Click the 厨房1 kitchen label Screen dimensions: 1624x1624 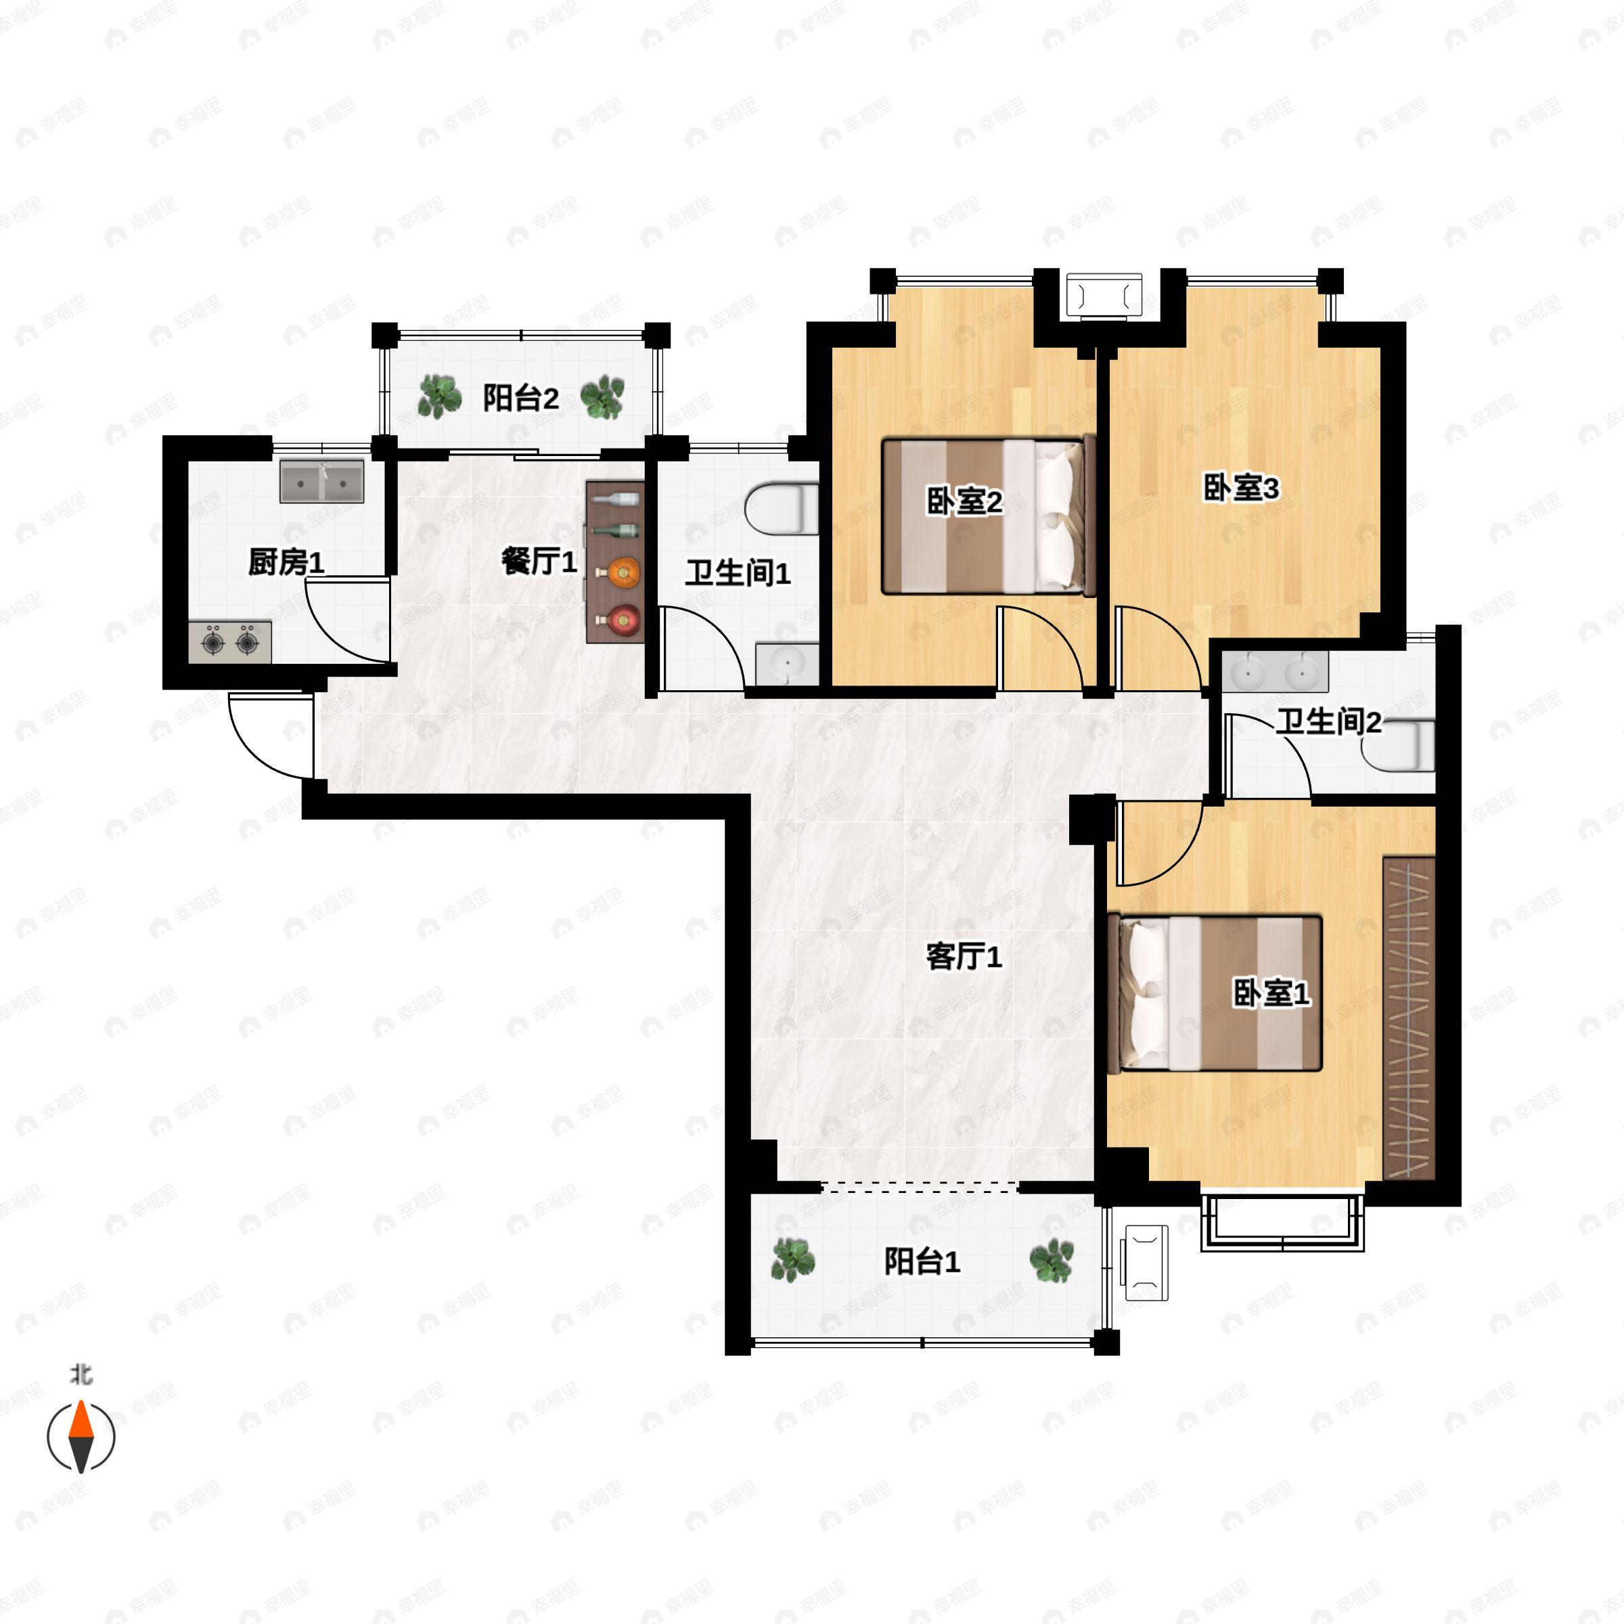[286, 562]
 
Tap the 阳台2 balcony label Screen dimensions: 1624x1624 [520, 398]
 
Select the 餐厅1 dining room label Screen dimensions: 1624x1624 [539, 562]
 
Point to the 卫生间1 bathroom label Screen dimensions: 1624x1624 [737, 573]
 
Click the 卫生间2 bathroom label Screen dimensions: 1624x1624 [1328, 721]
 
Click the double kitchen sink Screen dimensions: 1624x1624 [322, 481]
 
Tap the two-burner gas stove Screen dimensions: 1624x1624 [229, 643]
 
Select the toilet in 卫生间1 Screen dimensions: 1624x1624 [782, 507]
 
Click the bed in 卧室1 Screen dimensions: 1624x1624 [1215, 992]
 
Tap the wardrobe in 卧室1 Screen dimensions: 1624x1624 [1408, 1017]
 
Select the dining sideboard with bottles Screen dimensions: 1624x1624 [615, 562]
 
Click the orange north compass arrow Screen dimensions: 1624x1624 [81, 1423]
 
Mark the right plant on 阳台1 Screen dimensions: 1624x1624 [1052, 1261]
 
